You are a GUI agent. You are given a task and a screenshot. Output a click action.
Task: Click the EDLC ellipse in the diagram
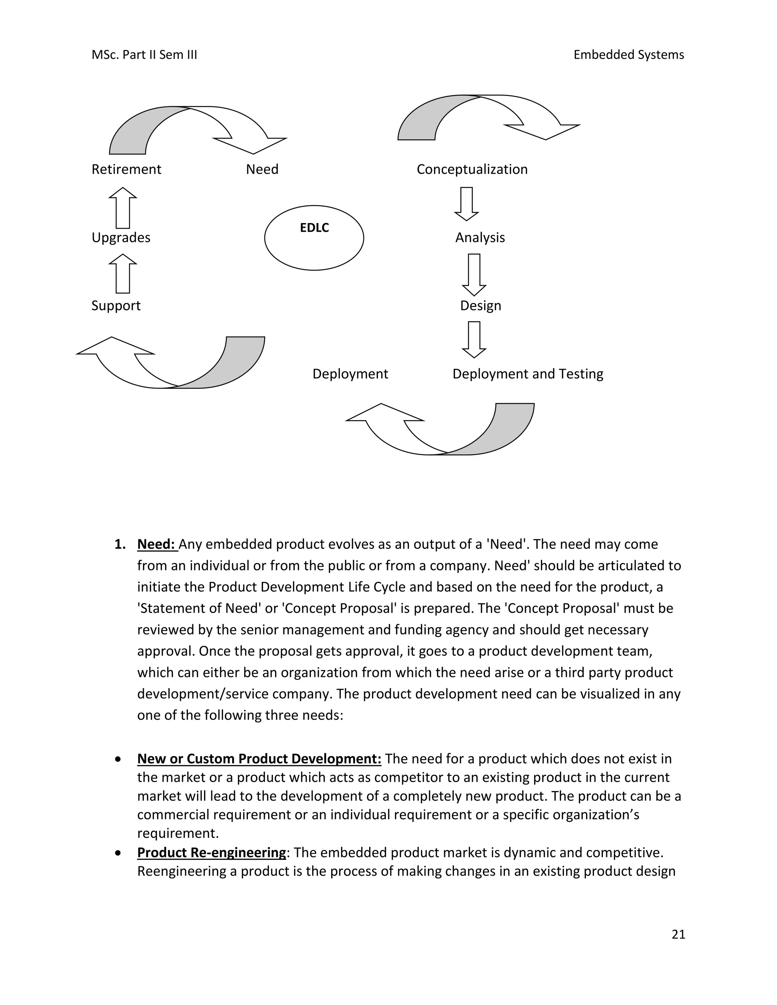314,238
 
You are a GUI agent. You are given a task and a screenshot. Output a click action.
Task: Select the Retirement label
126,170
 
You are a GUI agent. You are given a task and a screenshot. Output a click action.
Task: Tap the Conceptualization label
472,170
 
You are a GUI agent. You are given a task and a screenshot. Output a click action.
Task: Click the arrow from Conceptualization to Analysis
466,203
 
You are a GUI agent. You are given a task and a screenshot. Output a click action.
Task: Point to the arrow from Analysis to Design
473,274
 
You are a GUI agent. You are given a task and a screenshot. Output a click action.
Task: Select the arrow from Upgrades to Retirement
123,207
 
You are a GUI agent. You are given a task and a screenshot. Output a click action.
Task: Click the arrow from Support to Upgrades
123,273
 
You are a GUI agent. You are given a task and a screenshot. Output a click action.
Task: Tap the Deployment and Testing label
527,374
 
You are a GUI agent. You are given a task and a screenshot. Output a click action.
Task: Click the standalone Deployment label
350,374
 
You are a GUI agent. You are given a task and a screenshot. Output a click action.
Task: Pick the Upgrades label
121,237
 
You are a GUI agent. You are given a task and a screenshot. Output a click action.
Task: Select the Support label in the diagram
116,306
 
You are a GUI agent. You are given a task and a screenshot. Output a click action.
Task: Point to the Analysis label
480,237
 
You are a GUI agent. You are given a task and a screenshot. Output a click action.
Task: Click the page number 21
678,934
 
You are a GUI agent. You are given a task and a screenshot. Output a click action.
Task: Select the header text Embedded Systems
628,55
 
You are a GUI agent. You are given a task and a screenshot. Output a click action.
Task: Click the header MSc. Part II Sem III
144,55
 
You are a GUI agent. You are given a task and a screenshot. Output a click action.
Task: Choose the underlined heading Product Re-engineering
211,852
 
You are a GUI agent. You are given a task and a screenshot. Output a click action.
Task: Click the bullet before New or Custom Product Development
119,759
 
